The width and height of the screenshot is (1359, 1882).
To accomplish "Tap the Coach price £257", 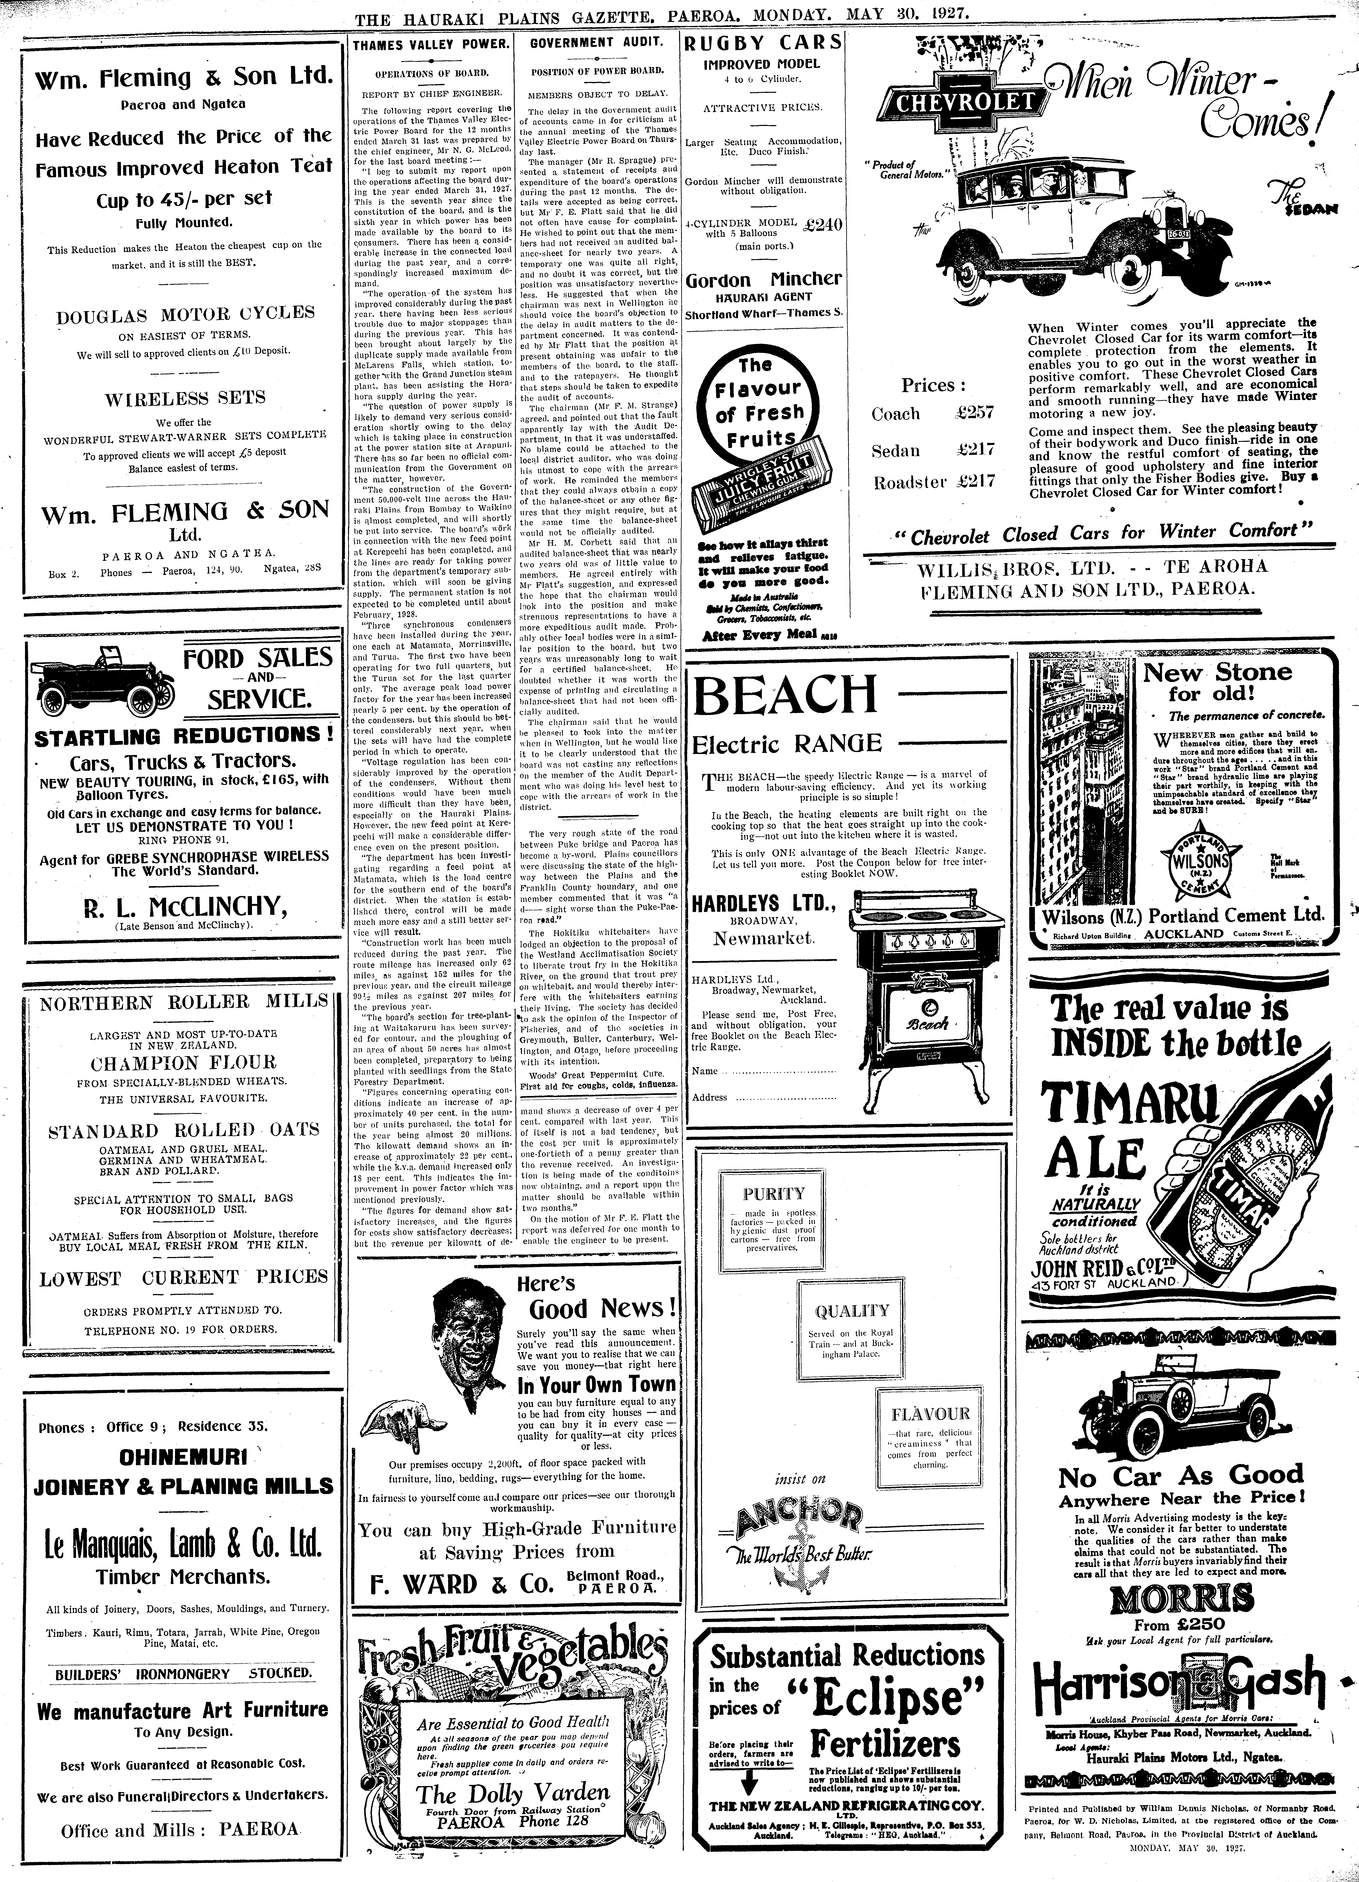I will tap(974, 413).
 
